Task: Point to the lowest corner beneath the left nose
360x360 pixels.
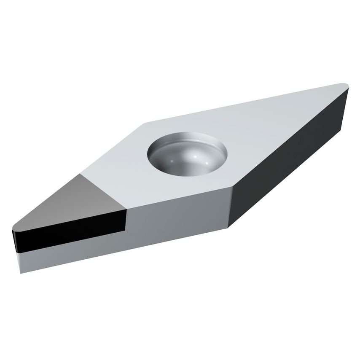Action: (20, 272)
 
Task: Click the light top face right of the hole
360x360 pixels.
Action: (270, 131)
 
